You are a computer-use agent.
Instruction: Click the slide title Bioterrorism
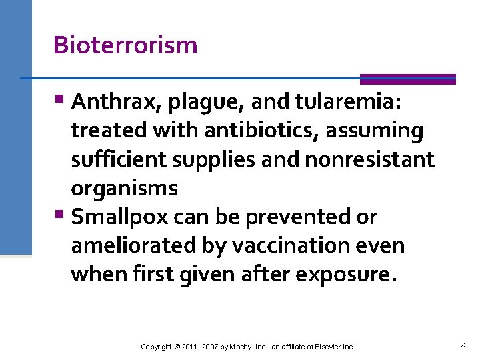click(x=125, y=45)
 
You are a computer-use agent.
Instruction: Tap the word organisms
click(x=124, y=189)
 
